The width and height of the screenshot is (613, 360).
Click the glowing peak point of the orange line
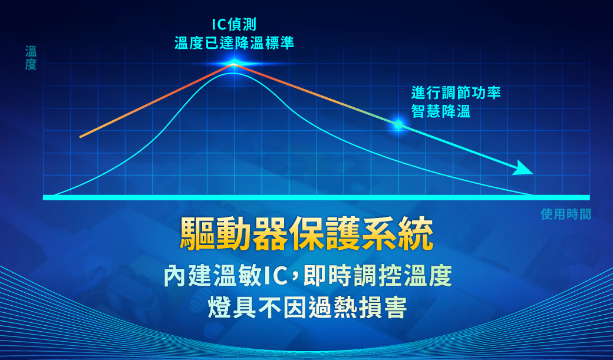[233, 64]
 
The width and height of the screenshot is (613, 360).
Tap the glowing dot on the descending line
[398, 125]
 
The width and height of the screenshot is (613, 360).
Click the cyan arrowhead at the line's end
[524, 168]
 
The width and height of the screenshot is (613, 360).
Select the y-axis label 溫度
[31, 58]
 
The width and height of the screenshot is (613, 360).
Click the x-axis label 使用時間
[566, 214]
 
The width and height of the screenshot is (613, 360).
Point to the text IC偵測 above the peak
[234, 25]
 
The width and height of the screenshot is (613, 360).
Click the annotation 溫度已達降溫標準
[234, 43]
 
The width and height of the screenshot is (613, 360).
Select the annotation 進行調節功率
[456, 93]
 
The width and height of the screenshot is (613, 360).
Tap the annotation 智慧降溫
[441, 111]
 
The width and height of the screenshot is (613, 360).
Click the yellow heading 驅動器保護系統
[306, 233]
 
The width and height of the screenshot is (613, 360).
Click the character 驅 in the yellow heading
[197, 233]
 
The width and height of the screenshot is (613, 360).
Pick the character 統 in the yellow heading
[416, 233]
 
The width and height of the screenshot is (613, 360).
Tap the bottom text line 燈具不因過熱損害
[307, 308]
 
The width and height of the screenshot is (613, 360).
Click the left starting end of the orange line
[81, 137]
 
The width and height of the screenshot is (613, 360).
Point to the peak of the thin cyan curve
[233, 73]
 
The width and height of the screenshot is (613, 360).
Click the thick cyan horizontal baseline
[317, 197]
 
